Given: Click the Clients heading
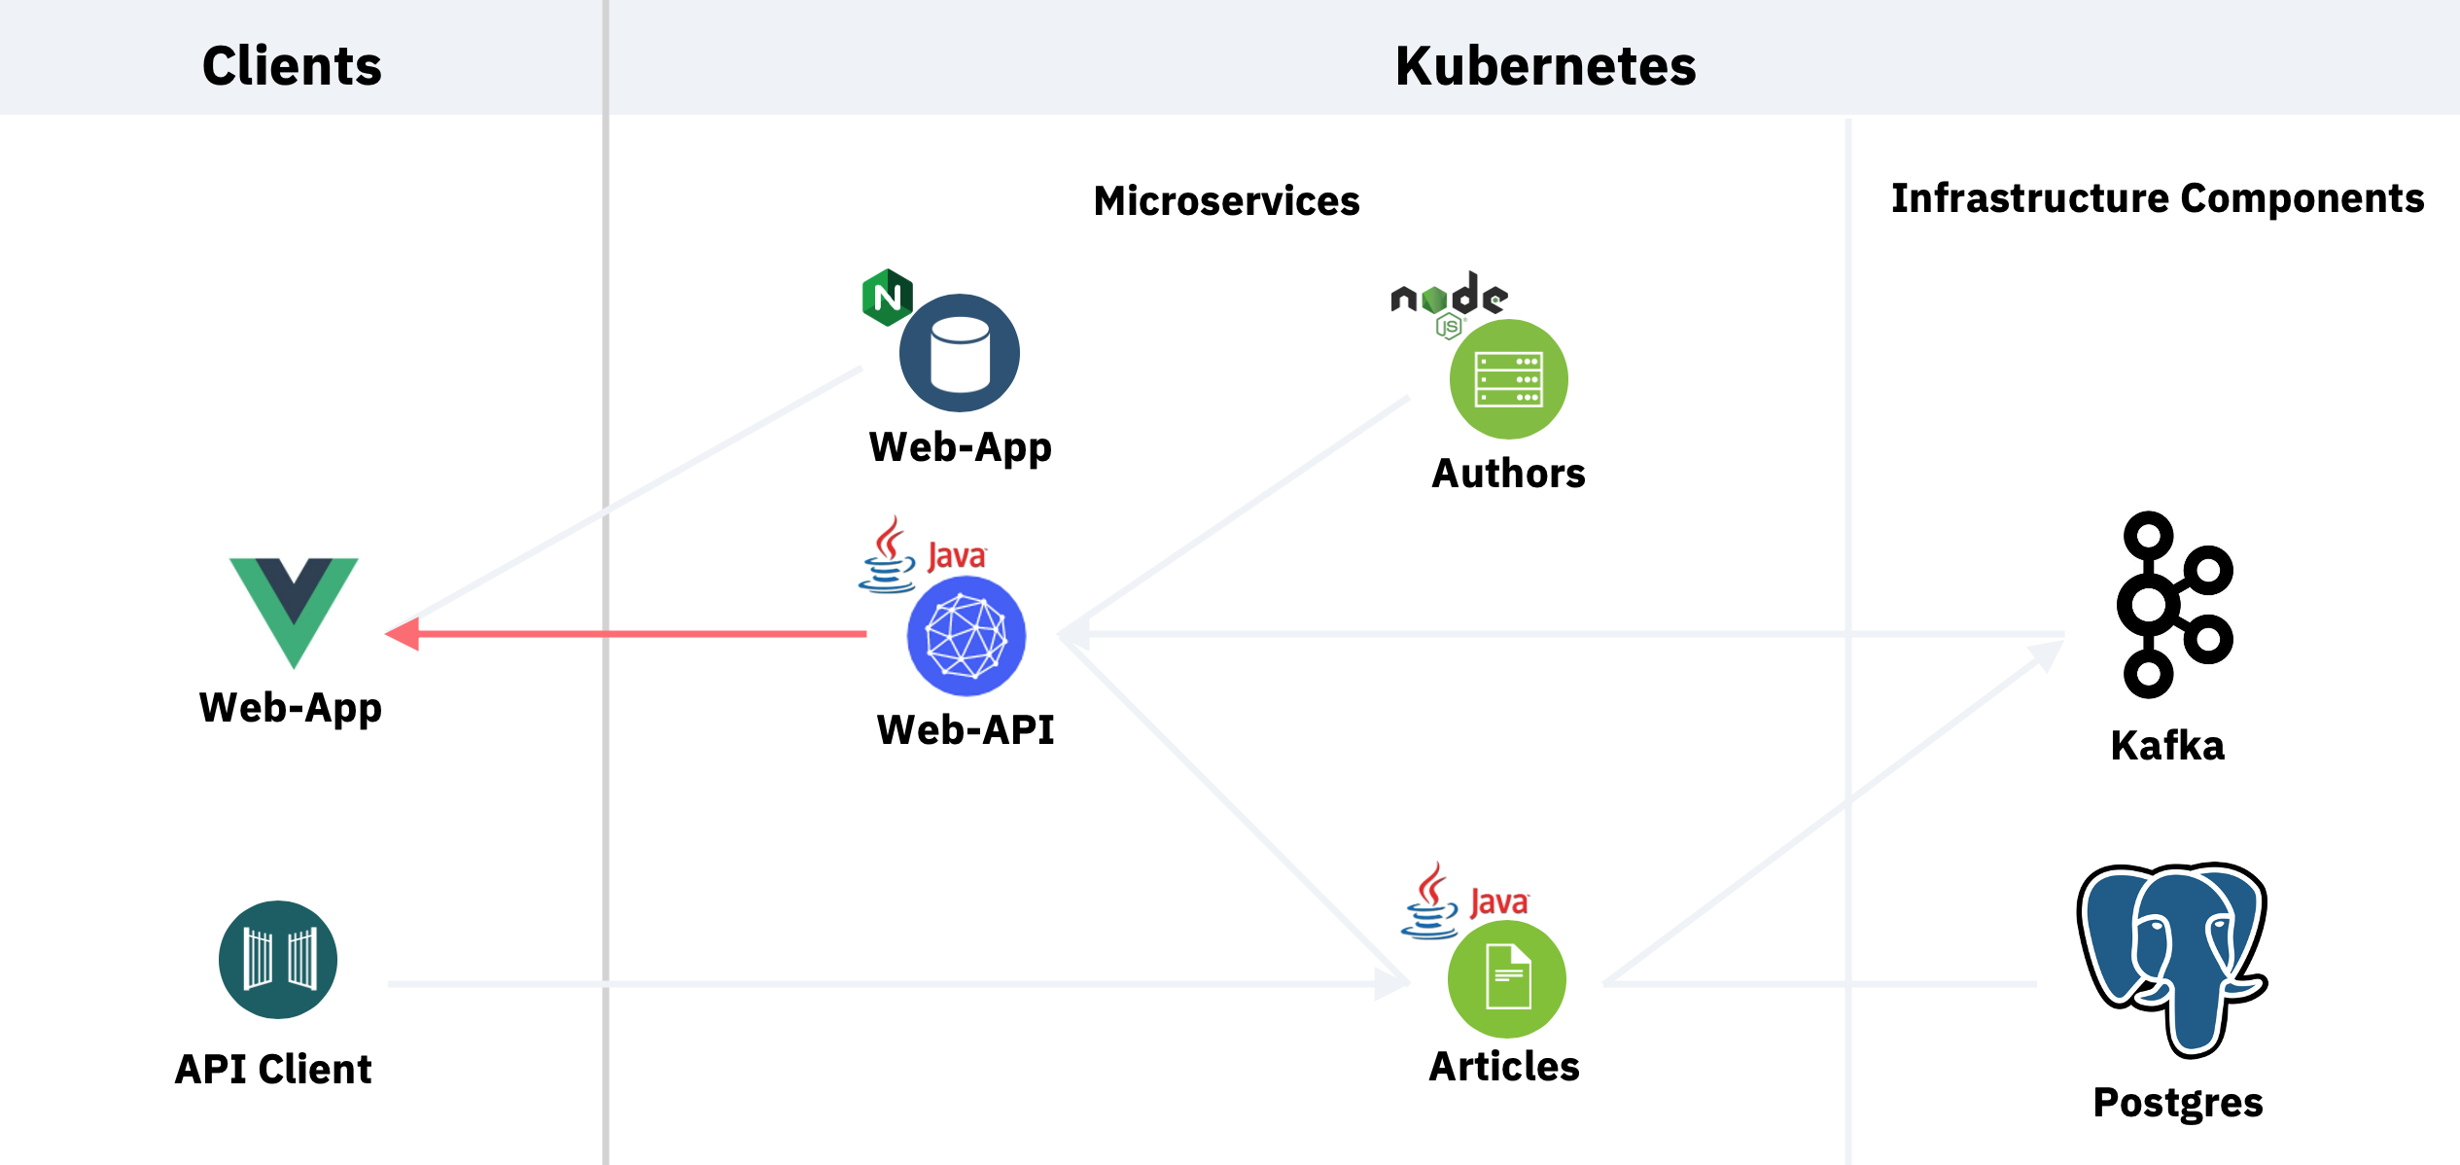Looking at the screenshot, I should [x=292, y=66].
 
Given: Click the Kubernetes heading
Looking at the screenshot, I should [x=1545, y=66].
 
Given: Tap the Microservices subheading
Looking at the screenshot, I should [x=1226, y=201].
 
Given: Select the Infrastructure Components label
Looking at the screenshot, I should [x=2157, y=198].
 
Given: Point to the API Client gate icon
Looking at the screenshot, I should [x=278, y=960].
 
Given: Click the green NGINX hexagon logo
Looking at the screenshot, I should [x=887, y=297].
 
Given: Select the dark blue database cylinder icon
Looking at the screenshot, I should [x=960, y=354].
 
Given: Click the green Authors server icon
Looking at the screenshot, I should [x=1508, y=379].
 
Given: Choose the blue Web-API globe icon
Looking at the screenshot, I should [x=966, y=636].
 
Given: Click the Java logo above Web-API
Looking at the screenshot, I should [x=922, y=555].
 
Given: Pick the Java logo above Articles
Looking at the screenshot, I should [x=1464, y=901].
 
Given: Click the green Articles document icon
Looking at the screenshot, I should [x=1507, y=979].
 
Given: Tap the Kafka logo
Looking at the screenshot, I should [x=2173, y=605].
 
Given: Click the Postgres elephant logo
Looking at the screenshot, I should [x=2173, y=959].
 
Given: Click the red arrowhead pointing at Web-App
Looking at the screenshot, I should [x=404, y=634].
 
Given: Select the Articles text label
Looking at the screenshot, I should [x=1503, y=1067].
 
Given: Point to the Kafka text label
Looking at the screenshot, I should [x=2167, y=746].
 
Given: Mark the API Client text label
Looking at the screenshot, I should [x=273, y=1070].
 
